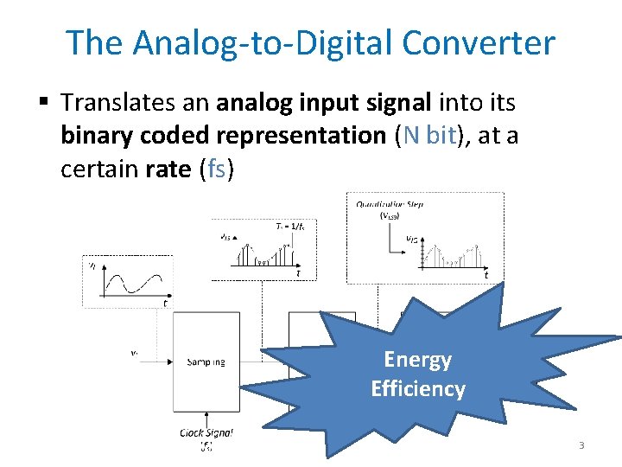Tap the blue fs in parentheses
coord(216,168)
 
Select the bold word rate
coord(168,168)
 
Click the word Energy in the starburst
coord(418,360)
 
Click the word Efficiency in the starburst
coord(418,389)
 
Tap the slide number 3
coord(581,445)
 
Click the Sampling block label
coord(206,361)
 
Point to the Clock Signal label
coord(206,432)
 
